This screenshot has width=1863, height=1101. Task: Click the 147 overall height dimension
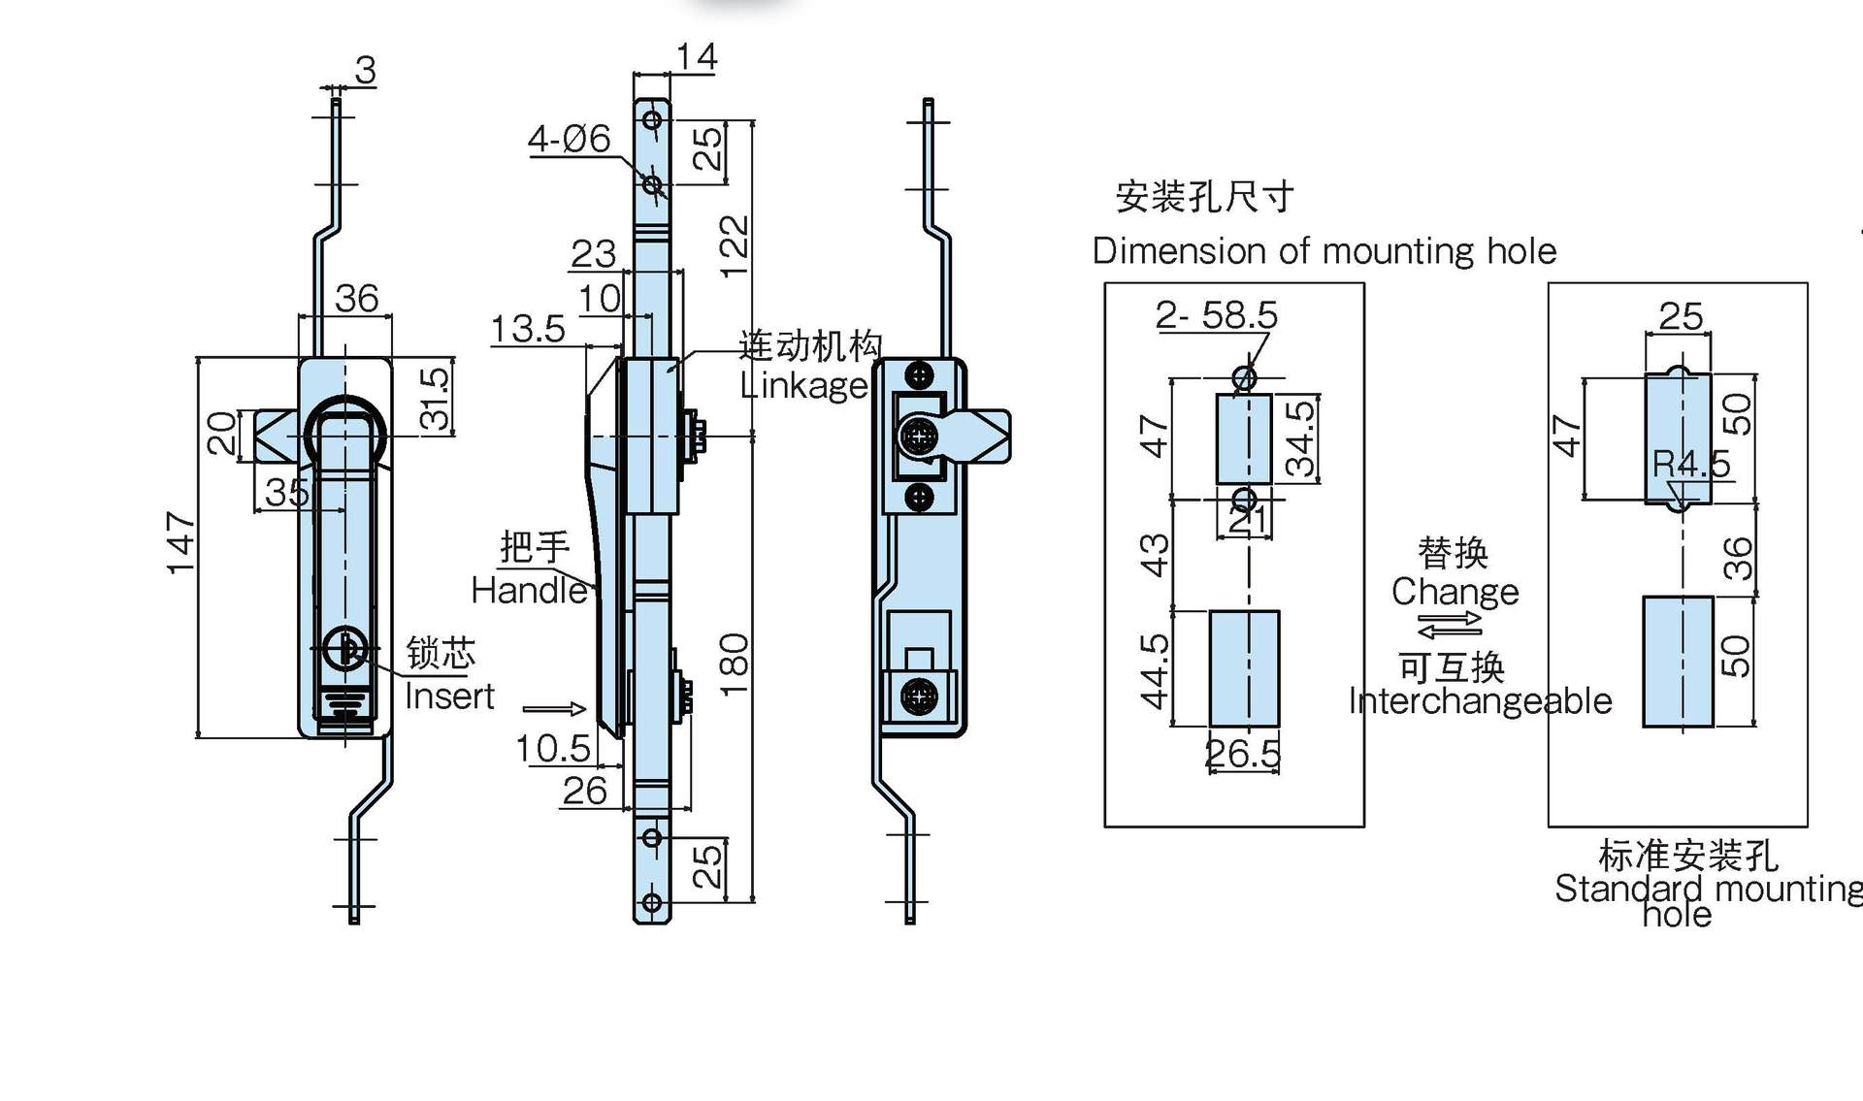click(x=180, y=543)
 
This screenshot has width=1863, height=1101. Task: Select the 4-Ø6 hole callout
click(x=569, y=140)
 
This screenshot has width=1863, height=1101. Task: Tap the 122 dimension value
click(x=735, y=246)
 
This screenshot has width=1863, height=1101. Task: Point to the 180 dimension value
click(x=735, y=664)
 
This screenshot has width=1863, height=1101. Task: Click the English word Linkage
click(x=803, y=386)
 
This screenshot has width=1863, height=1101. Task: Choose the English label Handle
click(x=529, y=590)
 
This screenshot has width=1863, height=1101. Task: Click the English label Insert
click(x=449, y=696)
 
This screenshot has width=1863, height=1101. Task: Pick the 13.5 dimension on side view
click(x=527, y=329)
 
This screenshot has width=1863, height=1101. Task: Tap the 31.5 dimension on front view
click(x=436, y=398)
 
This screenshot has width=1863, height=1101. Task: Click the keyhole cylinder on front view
click(x=344, y=648)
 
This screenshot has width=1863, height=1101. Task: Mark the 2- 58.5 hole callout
click(x=1216, y=314)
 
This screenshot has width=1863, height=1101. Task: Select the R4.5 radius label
click(x=1691, y=464)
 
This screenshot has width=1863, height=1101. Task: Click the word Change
click(x=1454, y=592)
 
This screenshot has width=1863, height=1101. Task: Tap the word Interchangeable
click(x=1480, y=700)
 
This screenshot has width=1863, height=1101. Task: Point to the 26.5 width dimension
click(x=1242, y=754)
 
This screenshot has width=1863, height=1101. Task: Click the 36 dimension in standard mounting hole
click(x=1738, y=558)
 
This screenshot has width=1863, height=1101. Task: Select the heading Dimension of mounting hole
click(x=1324, y=251)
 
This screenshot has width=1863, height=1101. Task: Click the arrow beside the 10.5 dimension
click(x=554, y=709)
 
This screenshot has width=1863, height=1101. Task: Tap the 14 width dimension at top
click(x=696, y=57)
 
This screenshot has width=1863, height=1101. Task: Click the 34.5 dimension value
click(x=1300, y=438)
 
